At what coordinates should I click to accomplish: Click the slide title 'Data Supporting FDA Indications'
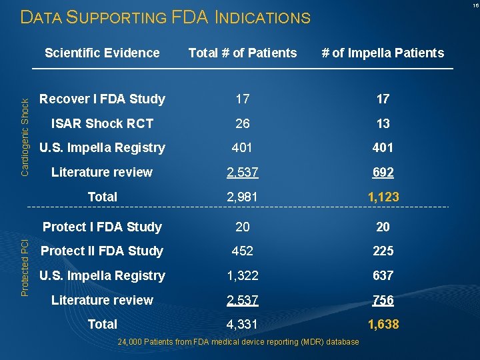click(165, 17)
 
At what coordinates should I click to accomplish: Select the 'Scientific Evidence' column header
click(102, 53)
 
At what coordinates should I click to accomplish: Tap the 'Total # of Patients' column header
click(243, 53)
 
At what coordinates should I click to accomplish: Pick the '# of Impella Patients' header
click(383, 53)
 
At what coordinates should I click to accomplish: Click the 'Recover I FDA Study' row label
click(102, 99)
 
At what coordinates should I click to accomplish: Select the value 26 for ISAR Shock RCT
click(243, 123)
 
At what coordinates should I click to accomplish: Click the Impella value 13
click(383, 123)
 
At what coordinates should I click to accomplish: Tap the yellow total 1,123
click(383, 197)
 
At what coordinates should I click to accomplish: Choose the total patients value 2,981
click(243, 197)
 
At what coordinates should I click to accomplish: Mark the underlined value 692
click(383, 172)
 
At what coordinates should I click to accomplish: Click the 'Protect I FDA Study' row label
click(102, 227)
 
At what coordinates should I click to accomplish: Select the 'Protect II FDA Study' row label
click(102, 251)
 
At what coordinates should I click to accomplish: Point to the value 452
click(243, 251)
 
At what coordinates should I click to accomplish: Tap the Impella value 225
click(383, 251)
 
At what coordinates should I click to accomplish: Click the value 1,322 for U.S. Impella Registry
click(243, 275)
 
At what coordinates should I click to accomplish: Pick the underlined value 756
click(383, 300)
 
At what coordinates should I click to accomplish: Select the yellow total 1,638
click(383, 324)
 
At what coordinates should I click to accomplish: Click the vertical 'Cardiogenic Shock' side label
click(25, 137)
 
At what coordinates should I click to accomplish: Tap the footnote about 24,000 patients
click(239, 342)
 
